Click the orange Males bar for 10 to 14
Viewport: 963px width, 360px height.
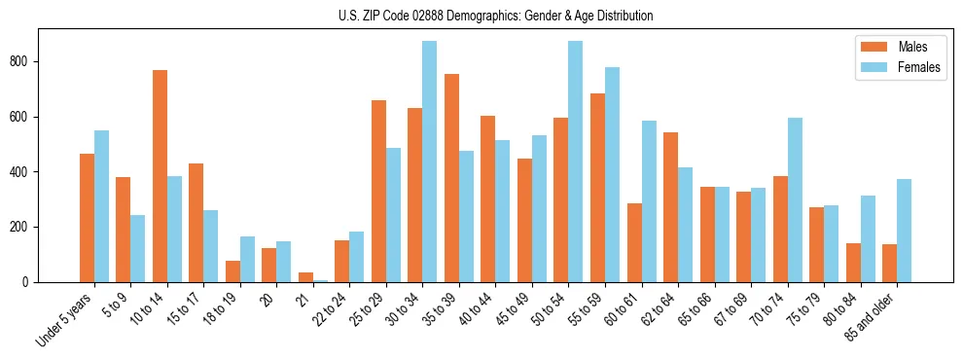(160, 176)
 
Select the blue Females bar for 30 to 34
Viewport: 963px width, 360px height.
(430, 162)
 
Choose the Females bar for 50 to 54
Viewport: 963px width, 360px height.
(576, 162)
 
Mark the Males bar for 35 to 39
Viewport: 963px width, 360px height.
(451, 178)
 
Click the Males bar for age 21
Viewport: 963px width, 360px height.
(305, 277)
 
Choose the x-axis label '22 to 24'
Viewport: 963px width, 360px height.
(330, 310)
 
